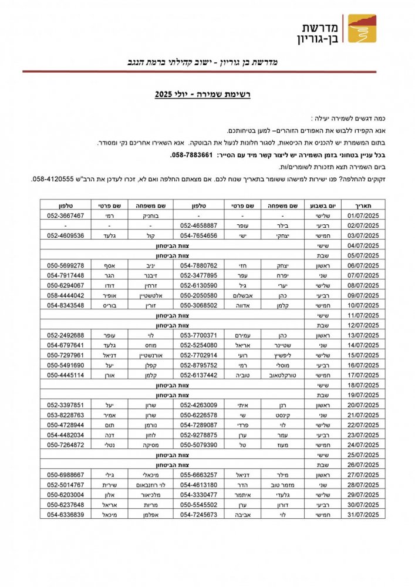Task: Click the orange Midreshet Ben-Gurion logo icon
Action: point(362,29)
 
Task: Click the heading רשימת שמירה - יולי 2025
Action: point(203,94)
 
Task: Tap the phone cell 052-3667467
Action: point(66,215)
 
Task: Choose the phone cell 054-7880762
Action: point(198,265)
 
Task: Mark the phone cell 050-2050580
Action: point(198,295)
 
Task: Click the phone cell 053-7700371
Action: point(198,335)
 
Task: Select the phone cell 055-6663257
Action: point(198,475)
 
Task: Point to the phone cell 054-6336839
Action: point(66,515)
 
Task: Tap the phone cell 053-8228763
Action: point(66,415)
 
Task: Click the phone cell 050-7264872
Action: point(66,445)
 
